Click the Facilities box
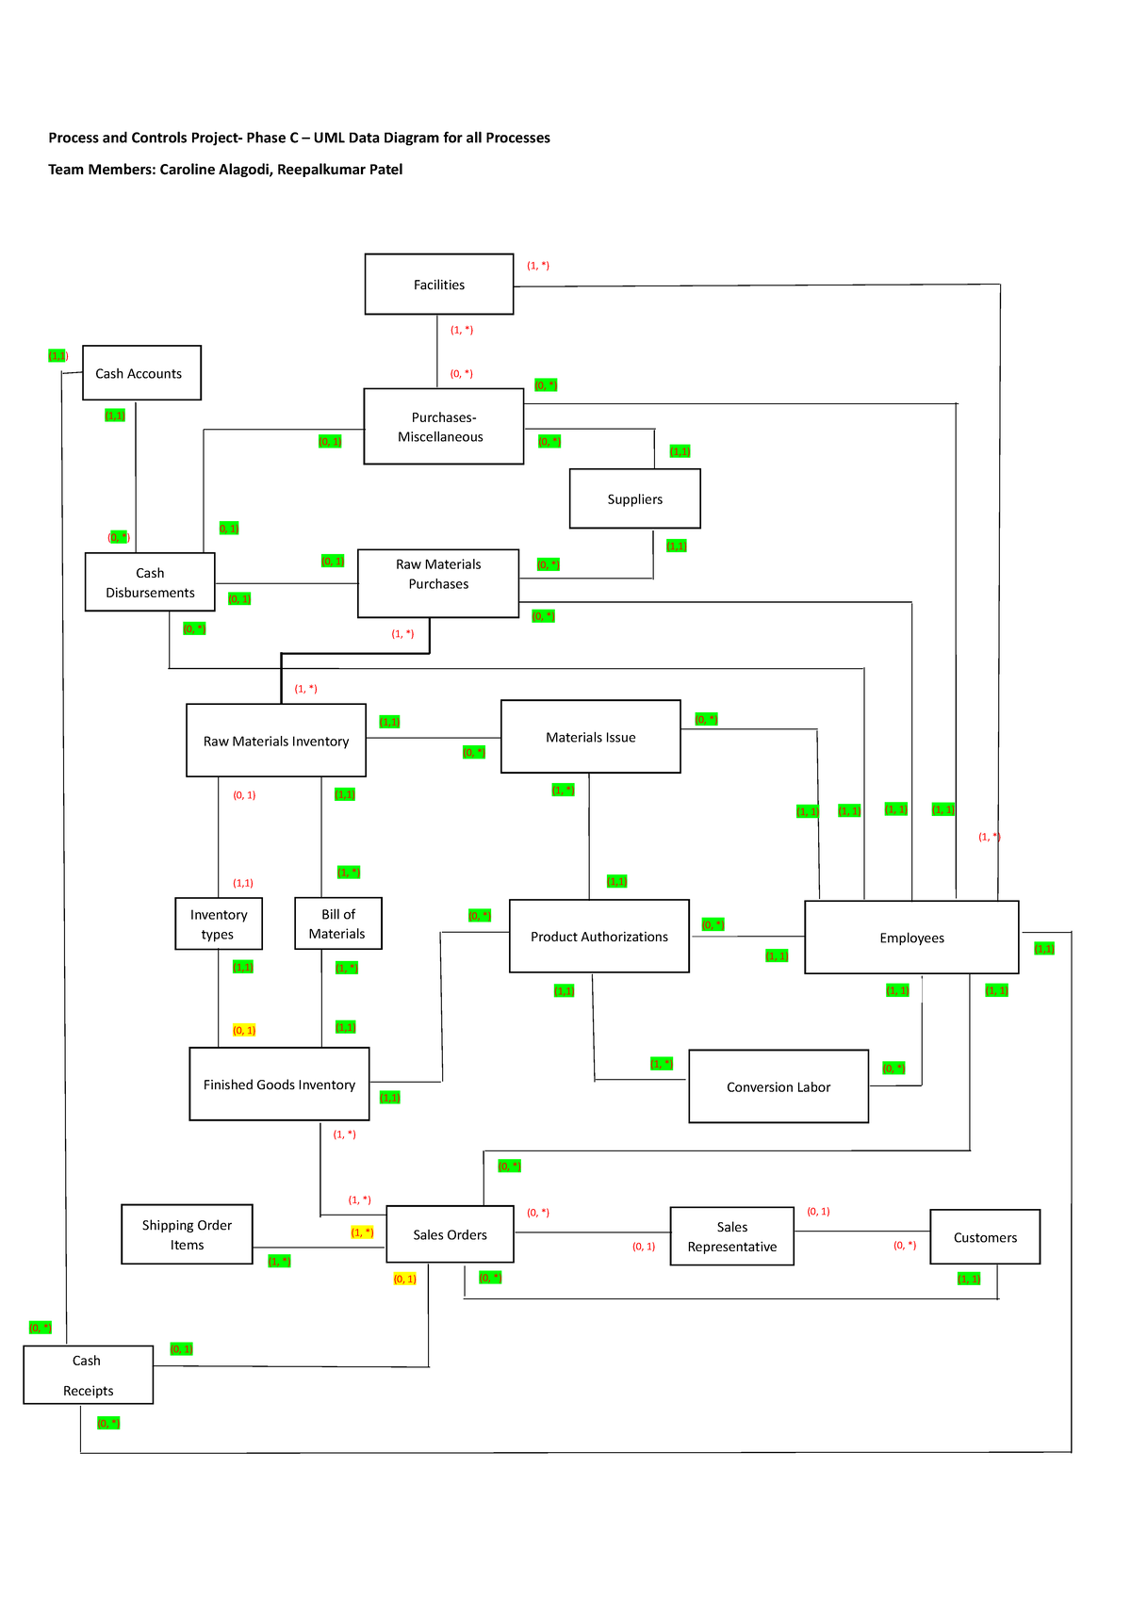[439, 285]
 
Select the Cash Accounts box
[141, 373]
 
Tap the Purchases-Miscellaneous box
[443, 427]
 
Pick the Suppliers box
[634, 499]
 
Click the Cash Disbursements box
[150, 582]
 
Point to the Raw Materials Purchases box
[438, 583]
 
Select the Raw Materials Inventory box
[276, 741]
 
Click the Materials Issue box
[590, 737]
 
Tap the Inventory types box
[219, 923]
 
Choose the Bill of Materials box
[337, 923]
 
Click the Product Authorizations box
[598, 937]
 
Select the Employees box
[911, 938]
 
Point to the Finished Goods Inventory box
[279, 1085]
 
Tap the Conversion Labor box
[779, 1086]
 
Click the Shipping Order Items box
[187, 1234]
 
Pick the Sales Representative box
[731, 1236]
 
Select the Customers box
[985, 1237]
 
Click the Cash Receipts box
[88, 1375]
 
